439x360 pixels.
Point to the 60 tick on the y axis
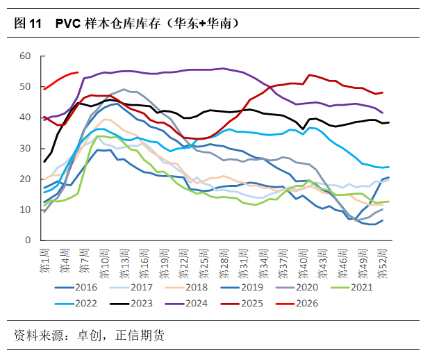[x=25, y=56]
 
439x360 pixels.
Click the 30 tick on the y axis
[x=25, y=148]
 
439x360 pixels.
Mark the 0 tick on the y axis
[x=28, y=240]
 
